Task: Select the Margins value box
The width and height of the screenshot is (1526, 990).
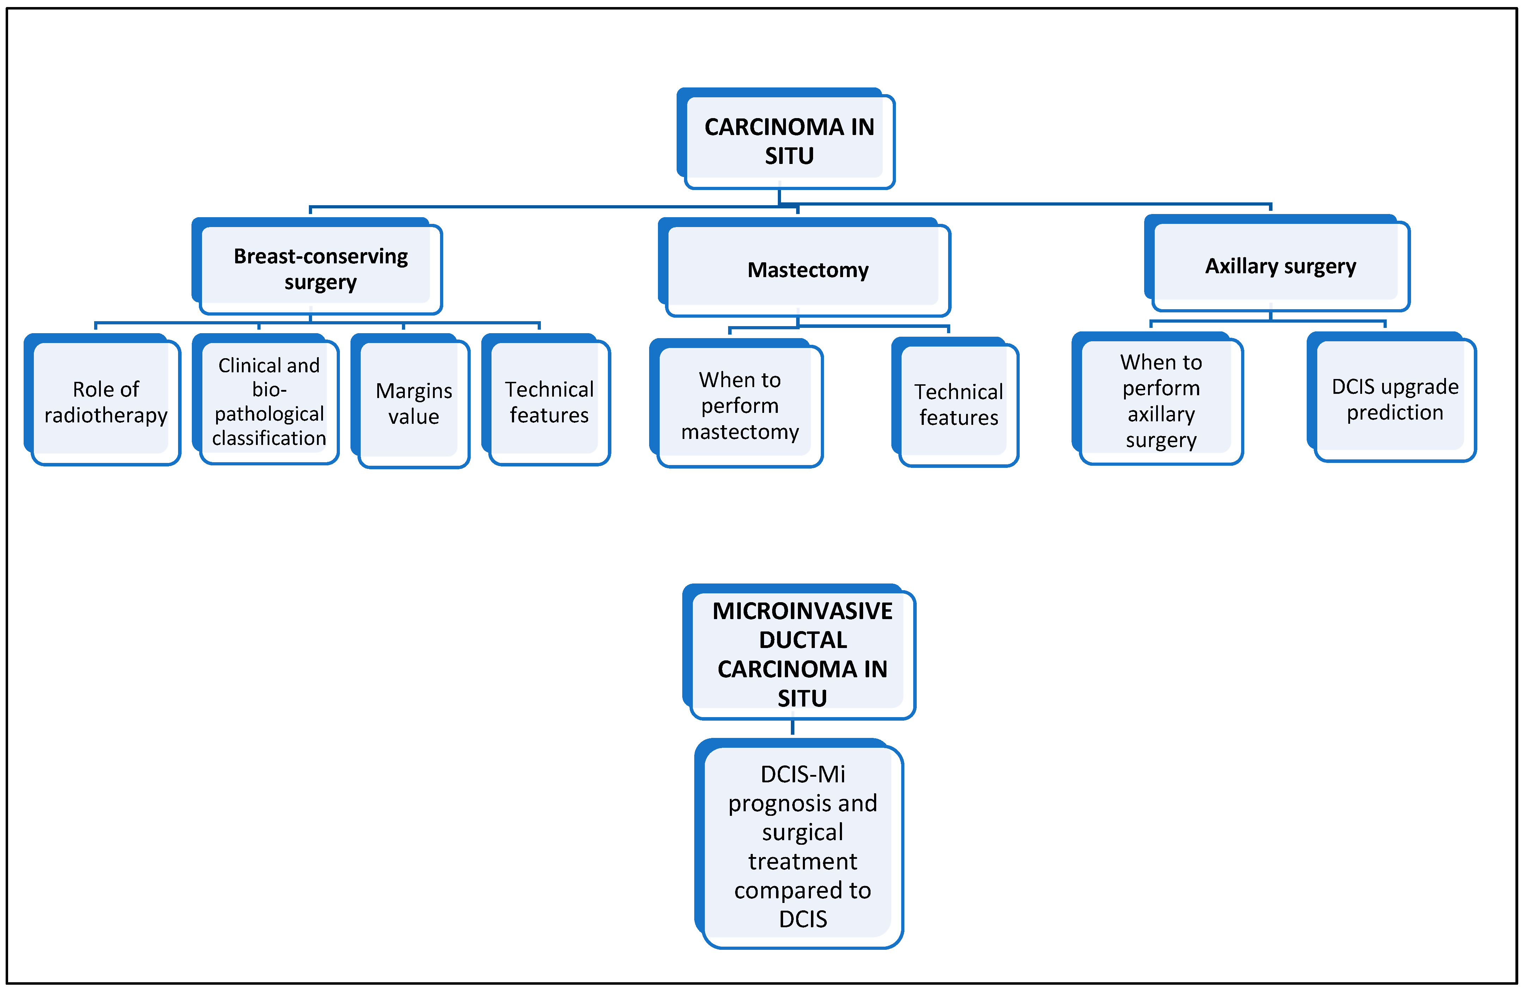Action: click(x=414, y=403)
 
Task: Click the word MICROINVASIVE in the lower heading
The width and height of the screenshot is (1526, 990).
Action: click(x=802, y=611)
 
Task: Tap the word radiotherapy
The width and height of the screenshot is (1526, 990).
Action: click(x=106, y=415)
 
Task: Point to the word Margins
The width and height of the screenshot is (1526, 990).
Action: click(x=414, y=391)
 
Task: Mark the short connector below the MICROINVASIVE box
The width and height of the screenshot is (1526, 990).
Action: click(x=793, y=727)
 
